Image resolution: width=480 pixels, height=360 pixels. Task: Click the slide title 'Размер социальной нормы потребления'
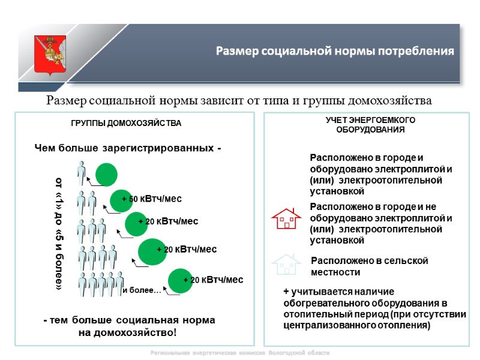pyautogui.click(x=335, y=51)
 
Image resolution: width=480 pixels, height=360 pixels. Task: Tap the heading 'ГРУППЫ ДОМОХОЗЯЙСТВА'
pyautogui.click(x=126, y=123)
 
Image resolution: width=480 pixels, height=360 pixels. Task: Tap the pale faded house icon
pyautogui.click(x=286, y=264)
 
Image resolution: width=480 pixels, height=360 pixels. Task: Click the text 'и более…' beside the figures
pyautogui.click(x=142, y=291)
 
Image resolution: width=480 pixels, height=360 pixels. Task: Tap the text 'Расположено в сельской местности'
pyautogui.click(x=370, y=266)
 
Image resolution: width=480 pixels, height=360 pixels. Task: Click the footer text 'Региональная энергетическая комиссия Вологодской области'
pyautogui.click(x=240, y=353)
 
